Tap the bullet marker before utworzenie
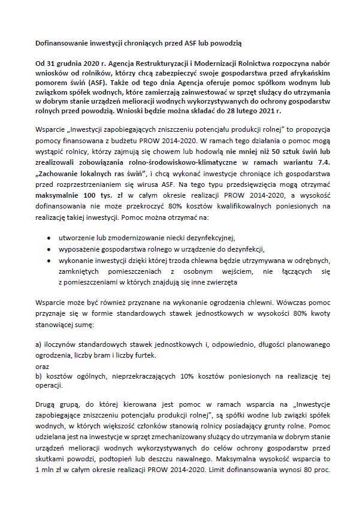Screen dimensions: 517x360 (x=48, y=238)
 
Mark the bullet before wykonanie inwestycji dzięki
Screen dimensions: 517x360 (x=48, y=261)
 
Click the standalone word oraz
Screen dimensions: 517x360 (x=42, y=365)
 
